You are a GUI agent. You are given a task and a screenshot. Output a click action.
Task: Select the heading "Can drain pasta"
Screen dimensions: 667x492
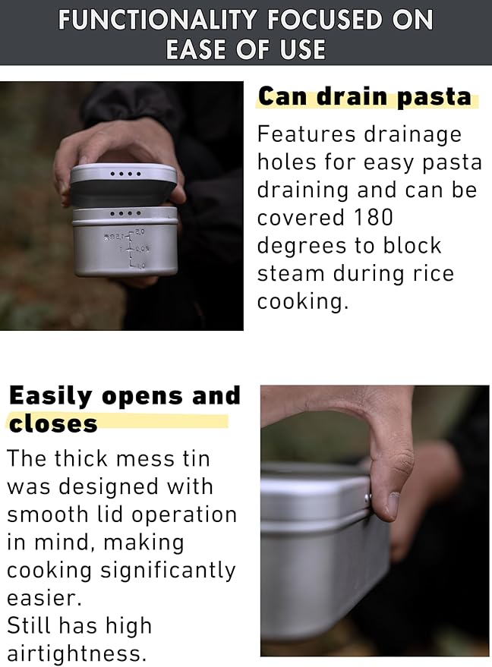point(364,98)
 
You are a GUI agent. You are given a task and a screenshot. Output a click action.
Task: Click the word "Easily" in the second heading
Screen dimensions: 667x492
point(51,396)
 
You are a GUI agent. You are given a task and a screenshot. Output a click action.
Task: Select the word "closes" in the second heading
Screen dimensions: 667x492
point(53,423)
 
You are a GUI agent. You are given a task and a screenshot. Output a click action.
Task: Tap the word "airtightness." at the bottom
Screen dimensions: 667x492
point(76,653)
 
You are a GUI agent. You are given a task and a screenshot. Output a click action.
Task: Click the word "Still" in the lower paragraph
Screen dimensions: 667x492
point(30,625)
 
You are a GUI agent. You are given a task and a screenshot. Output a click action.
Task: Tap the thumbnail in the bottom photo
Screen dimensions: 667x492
point(393,503)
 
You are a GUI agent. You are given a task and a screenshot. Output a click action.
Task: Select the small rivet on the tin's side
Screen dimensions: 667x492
point(368,499)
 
